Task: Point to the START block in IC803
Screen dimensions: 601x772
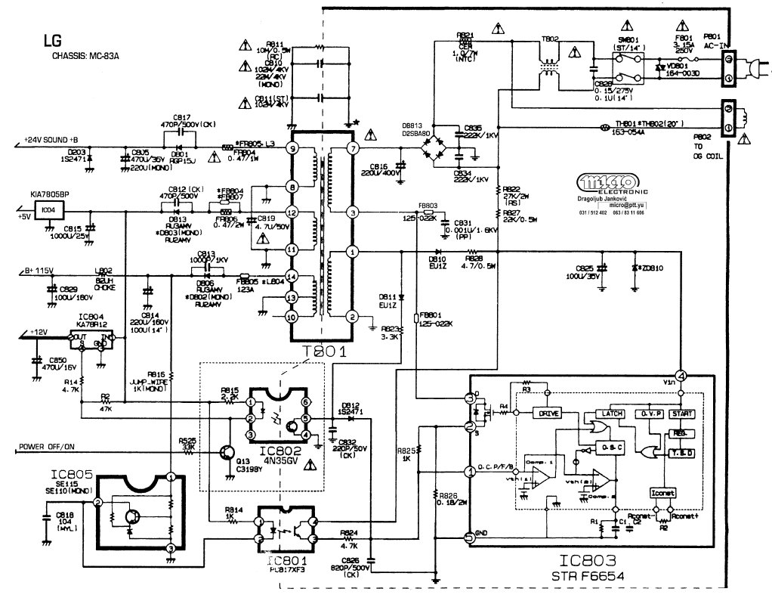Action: pyautogui.click(x=682, y=414)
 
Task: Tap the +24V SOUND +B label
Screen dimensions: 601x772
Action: pyautogui.click(x=51, y=141)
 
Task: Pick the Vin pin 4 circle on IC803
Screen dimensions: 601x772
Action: pyautogui.click(x=681, y=374)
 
